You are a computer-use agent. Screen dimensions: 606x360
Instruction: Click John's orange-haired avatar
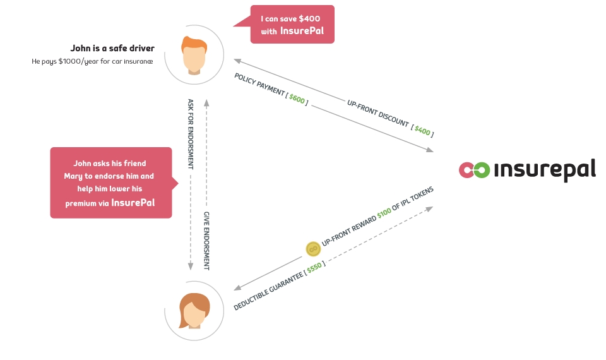click(194, 55)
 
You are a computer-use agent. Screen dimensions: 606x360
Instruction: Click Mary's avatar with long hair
click(194, 311)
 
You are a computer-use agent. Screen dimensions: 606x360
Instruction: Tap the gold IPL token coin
click(313, 249)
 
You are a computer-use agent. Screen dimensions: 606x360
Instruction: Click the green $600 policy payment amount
click(297, 99)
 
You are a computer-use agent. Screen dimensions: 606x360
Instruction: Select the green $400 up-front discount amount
click(422, 131)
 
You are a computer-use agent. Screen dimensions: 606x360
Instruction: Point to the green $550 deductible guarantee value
click(314, 267)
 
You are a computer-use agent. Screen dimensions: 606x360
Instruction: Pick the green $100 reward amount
click(384, 213)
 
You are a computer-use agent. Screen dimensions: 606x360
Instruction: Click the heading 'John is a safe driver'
click(112, 49)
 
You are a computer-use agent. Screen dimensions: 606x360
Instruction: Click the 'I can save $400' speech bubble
click(292, 25)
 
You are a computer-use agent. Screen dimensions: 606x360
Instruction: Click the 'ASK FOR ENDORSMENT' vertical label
click(190, 134)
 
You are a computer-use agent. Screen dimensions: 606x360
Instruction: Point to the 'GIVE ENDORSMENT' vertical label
click(206, 241)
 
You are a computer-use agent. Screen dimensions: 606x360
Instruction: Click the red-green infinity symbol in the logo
click(474, 170)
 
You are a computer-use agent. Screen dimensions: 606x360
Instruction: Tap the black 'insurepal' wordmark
click(545, 170)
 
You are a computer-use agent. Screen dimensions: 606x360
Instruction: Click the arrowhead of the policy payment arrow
click(430, 150)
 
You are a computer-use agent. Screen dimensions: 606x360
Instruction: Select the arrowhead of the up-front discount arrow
click(238, 61)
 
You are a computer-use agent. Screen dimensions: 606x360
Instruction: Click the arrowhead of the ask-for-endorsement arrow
click(190, 267)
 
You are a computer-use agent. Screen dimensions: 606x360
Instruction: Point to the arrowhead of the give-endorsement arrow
click(206, 103)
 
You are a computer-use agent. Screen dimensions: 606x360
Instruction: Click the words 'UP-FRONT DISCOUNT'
click(377, 113)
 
